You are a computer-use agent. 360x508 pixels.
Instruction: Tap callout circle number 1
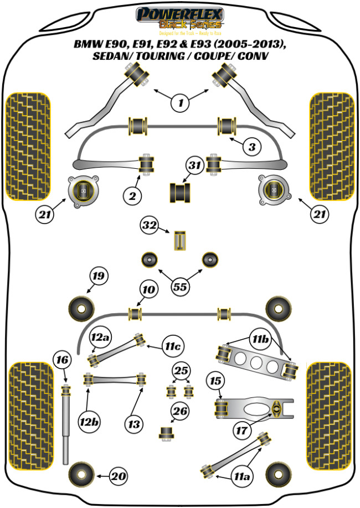179,102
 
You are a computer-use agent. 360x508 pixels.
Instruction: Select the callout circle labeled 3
251,147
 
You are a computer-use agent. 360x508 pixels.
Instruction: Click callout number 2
133,195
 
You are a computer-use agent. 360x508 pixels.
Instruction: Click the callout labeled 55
179,287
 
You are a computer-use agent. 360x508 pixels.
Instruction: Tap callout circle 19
99,276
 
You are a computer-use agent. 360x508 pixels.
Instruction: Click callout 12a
101,336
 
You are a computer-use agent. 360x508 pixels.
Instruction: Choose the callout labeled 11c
172,346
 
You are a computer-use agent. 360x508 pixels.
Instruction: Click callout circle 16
62,361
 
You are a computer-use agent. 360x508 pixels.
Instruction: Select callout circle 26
180,411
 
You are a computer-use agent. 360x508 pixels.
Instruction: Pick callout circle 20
117,475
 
